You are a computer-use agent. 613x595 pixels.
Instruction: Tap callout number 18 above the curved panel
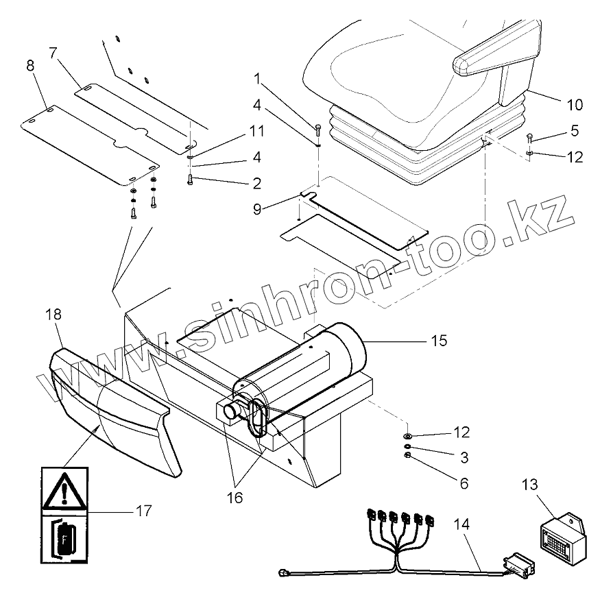point(53,315)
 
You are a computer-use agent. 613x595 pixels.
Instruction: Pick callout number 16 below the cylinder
point(235,498)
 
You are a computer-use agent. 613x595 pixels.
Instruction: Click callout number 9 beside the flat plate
point(256,209)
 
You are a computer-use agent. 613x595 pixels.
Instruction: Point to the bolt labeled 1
point(320,129)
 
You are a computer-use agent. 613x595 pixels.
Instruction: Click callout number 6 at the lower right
point(464,484)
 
